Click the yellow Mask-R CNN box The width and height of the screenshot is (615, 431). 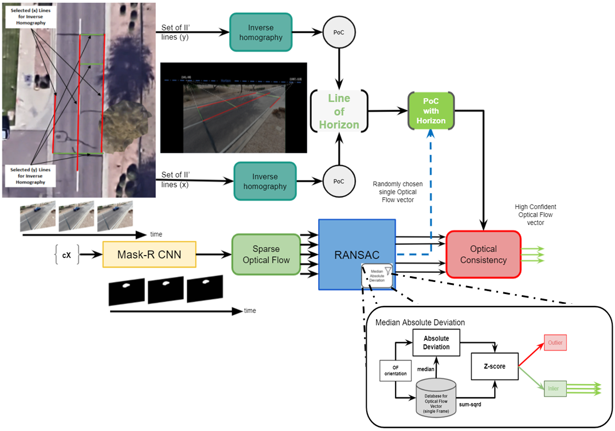(149, 254)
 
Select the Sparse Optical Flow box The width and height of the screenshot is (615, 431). (266, 254)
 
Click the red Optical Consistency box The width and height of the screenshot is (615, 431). (484, 254)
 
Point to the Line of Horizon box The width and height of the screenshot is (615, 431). (339, 111)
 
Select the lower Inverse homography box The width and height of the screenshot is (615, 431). (265, 181)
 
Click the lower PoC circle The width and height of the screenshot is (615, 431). (339, 181)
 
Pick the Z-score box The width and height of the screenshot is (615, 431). (494, 366)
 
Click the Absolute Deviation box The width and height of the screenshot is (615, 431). (436, 342)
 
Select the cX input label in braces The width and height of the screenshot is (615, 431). (66, 255)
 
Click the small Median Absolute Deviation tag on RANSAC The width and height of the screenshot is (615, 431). (375, 275)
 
